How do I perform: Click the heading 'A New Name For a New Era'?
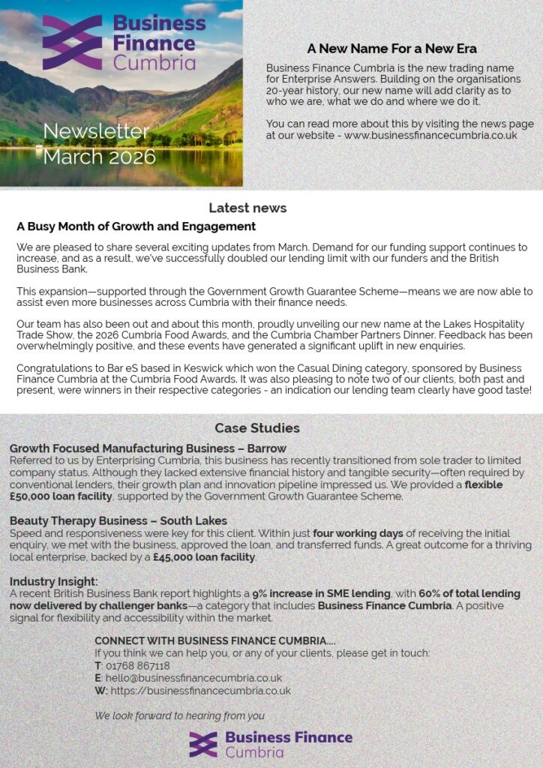pos(391,49)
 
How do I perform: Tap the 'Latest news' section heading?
pos(247,208)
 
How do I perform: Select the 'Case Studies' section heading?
pos(257,428)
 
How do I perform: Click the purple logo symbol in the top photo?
pos(72,42)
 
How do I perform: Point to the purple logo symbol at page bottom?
pos(203,744)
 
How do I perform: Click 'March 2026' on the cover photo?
pos(99,157)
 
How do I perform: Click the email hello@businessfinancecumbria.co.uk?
pos(193,678)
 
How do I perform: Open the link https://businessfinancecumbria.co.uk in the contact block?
pos(200,691)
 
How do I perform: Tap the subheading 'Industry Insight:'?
pos(54,581)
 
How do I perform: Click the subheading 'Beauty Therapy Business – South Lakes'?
pos(118,520)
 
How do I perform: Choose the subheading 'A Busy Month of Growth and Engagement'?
pos(136,226)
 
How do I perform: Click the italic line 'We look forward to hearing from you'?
pos(179,715)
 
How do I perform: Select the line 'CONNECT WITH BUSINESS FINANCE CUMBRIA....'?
pos(214,640)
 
